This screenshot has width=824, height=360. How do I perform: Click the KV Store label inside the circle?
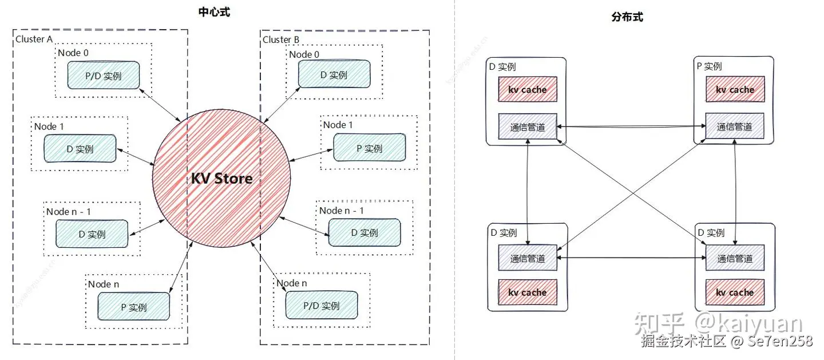click(x=221, y=179)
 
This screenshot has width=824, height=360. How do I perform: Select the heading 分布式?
click(x=627, y=18)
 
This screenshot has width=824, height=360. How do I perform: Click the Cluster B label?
click(x=281, y=39)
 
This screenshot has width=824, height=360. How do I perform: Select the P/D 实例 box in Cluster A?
click(x=104, y=76)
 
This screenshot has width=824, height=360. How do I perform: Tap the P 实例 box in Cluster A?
click(x=134, y=307)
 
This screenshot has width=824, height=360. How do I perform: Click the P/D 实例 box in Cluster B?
click(x=322, y=306)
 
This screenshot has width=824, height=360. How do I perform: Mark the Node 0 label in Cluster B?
click(x=304, y=54)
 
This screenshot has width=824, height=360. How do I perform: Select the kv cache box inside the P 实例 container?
click(x=735, y=90)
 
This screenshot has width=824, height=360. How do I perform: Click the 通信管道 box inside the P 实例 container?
click(x=735, y=126)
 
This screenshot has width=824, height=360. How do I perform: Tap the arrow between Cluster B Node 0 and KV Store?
click(x=281, y=104)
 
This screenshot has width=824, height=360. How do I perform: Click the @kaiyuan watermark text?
click(x=748, y=324)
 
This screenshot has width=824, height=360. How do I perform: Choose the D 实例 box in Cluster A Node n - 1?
click(x=92, y=234)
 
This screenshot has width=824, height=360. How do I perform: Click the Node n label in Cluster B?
click(x=292, y=283)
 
